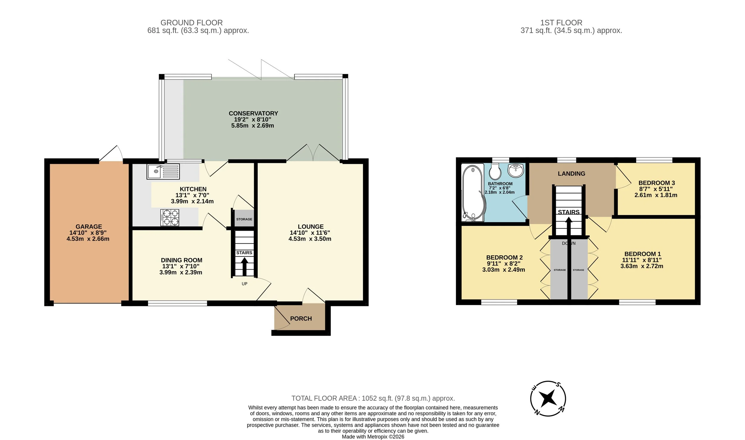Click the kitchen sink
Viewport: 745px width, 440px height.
coord(163,171)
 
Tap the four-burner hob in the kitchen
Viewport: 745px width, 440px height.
coord(170,217)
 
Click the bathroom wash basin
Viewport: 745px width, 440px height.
coord(516,170)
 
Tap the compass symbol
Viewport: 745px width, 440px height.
coord(548,398)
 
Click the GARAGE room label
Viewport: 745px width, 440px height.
coord(89,227)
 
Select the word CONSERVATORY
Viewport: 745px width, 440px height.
coord(253,114)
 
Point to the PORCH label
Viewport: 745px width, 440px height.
coord(301,319)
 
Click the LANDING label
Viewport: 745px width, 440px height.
coord(572,174)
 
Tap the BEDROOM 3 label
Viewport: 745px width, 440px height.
coord(656,183)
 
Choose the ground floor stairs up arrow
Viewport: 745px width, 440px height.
coord(244,266)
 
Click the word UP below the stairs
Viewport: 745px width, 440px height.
coord(244,284)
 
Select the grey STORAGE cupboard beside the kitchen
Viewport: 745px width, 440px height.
coord(244,218)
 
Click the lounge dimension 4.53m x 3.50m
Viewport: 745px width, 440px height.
coord(310,239)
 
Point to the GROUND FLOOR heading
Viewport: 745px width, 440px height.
coord(192,23)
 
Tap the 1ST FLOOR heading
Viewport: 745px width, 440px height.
coord(561,23)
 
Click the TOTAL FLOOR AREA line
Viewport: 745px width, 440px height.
coord(373,398)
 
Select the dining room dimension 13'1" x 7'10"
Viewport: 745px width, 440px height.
coord(181,266)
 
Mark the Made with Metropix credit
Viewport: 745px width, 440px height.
coord(373,437)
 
